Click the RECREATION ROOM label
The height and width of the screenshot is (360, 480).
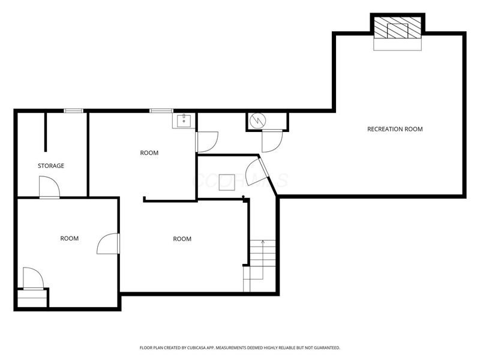coord(395,129)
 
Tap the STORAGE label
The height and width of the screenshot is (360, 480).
coord(51,166)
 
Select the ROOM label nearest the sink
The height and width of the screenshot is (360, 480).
coord(149,153)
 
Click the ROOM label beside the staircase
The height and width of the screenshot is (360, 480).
coord(182,239)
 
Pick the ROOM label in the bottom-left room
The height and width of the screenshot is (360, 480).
coord(70,239)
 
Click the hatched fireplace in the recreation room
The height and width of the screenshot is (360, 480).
coord(398,28)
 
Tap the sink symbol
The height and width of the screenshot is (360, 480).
coord(184,120)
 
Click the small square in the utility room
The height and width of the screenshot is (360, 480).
coord(226,182)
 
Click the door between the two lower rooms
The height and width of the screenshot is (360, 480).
coord(109,244)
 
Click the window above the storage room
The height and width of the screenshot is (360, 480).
coord(74,110)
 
